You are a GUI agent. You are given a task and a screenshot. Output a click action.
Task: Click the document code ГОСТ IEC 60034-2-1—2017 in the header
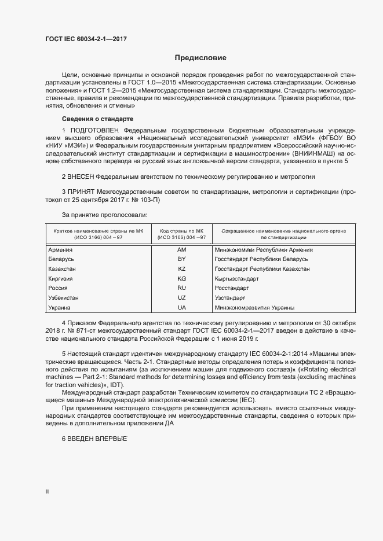click(86, 39)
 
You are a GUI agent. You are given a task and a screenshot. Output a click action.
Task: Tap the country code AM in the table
click(181, 250)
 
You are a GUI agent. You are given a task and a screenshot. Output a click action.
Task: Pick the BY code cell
click(181, 259)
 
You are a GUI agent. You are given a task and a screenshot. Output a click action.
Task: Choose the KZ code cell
click(181, 269)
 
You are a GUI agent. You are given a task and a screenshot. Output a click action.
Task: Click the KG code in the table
click(181, 278)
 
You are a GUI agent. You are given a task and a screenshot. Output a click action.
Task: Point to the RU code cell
click(181, 288)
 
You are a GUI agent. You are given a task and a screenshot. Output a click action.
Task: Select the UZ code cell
click(181, 297)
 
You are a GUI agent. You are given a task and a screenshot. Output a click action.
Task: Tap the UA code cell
click(181, 307)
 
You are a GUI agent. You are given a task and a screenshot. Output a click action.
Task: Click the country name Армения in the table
click(61, 250)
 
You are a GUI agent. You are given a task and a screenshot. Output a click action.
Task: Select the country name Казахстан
click(63, 269)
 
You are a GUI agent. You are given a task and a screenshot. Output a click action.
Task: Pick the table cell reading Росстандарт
click(231, 288)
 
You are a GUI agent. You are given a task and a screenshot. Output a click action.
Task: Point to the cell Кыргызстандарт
click(236, 278)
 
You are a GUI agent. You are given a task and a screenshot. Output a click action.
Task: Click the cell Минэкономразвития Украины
click(254, 307)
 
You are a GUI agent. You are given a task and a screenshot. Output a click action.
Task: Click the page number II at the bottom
click(48, 492)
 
